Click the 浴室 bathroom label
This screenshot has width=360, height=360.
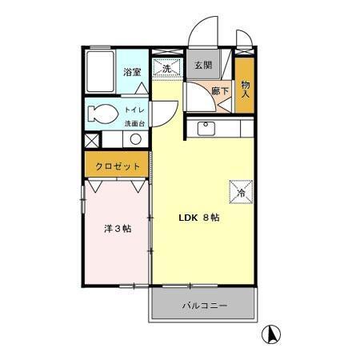(x=132, y=73)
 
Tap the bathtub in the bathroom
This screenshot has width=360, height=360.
(x=100, y=74)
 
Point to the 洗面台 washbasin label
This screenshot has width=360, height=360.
(x=134, y=123)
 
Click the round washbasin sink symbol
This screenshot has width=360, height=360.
(x=135, y=139)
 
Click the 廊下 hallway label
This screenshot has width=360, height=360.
(x=220, y=92)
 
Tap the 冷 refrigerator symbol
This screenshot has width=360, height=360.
(x=241, y=192)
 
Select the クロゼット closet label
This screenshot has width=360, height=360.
(x=118, y=166)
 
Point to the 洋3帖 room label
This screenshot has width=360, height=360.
(x=117, y=229)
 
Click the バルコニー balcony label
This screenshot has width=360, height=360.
(x=204, y=306)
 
